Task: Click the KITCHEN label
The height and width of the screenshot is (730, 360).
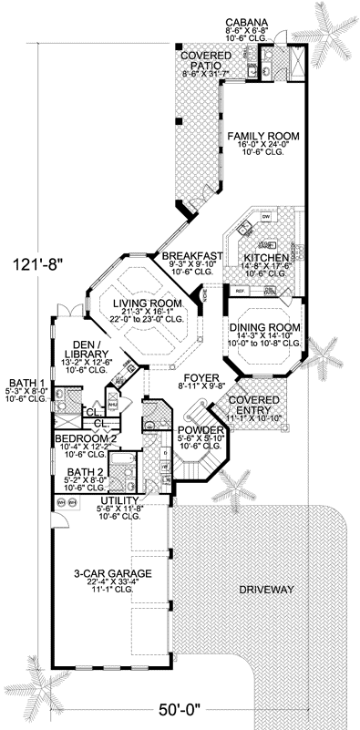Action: point(265,259)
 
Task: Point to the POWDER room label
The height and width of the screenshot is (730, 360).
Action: point(196,430)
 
